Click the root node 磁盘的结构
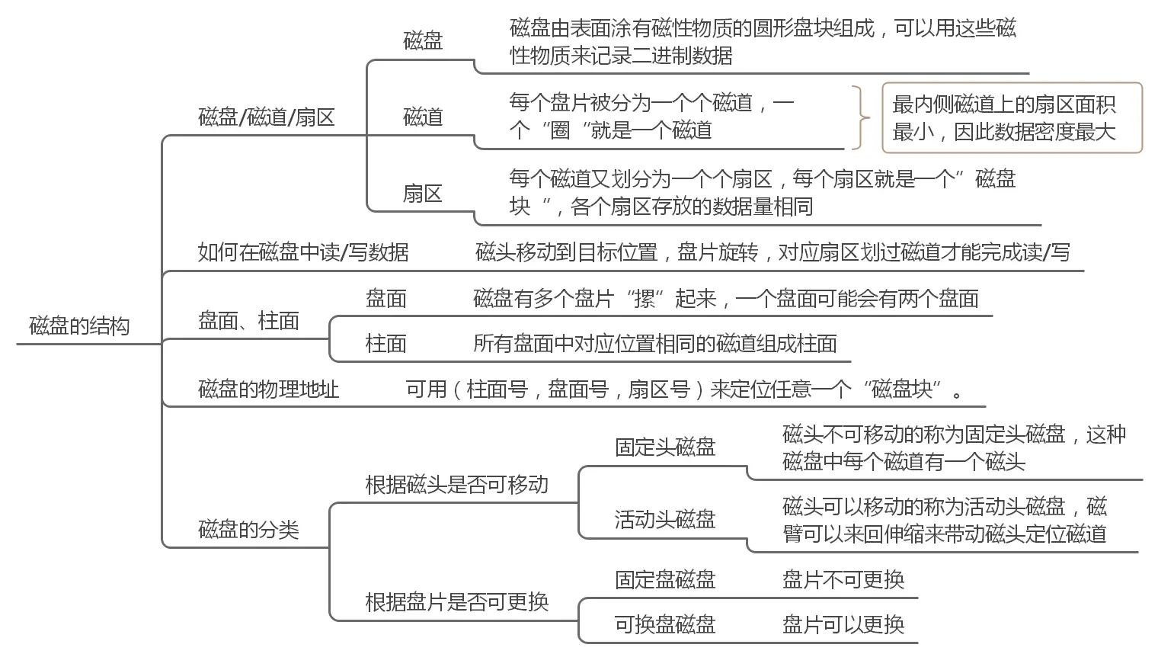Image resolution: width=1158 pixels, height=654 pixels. coord(79,326)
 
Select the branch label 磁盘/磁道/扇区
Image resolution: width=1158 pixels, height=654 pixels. coord(266,117)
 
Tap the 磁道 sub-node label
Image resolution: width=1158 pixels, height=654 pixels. coord(423,117)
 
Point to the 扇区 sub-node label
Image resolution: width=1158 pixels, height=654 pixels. coord(423,194)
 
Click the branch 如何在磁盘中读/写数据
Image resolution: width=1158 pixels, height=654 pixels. coord(303,252)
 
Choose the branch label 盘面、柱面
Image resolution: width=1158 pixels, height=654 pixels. coord(248,321)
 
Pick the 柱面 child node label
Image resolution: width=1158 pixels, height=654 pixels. coord(386,344)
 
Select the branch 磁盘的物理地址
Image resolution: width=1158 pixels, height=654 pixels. coord(268,390)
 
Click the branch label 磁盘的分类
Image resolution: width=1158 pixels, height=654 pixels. coord(248,530)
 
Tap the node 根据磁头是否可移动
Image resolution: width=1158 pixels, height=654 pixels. coord(456,485)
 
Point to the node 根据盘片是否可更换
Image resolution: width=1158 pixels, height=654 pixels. coord(456,602)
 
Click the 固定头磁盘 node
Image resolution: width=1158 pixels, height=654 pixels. coord(665,447)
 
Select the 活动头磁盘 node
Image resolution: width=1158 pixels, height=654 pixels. coord(665,520)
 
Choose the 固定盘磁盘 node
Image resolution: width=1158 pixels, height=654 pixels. coord(665,580)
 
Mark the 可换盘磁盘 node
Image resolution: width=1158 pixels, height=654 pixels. coord(665,625)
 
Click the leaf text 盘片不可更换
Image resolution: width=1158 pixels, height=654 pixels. coord(843,580)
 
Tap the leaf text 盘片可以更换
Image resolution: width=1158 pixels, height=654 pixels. coord(843,625)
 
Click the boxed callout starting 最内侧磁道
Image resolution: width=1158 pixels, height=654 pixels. coord(1012,118)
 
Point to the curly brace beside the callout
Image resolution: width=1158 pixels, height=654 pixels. coord(862,118)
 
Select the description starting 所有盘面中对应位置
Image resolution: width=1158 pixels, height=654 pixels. coord(655,344)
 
